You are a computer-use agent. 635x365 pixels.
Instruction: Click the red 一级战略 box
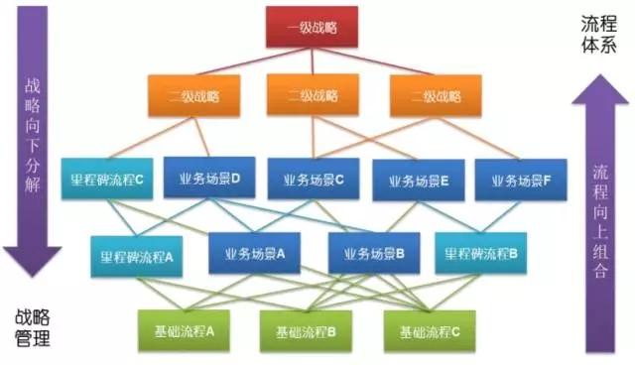[x=311, y=27]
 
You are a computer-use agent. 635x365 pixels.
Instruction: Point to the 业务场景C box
[x=314, y=180]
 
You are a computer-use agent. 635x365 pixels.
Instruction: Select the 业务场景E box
[x=418, y=182]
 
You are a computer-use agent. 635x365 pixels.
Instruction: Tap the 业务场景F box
[x=521, y=180]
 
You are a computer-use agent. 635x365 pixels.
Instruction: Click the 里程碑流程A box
[x=137, y=254]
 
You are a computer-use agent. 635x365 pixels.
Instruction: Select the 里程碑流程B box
[x=481, y=252]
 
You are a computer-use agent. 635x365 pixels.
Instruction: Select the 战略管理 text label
[x=32, y=328]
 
